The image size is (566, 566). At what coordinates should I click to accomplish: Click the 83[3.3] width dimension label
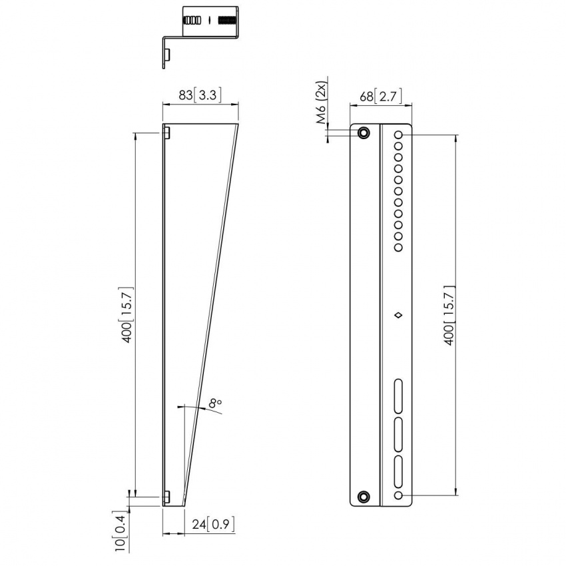pyautogui.click(x=200, y=95)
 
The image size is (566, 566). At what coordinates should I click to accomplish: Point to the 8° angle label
pyautogui.click(x=214, y=403)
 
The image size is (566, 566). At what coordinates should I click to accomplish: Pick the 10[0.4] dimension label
pyautogui.click(x=120, y=534)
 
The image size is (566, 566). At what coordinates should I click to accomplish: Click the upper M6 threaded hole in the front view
pyautogui.click(x=364, y=133)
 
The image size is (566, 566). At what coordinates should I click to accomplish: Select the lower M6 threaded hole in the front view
pyautogui.click(x=364, y=496)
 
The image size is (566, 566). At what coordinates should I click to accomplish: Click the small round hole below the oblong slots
pyautogui.click(x=398, y=496)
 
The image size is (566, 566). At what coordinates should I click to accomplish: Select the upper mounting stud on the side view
pyautogui.click(x=168, y=133)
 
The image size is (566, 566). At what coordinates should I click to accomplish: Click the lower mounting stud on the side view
pyautogui.click(x=168, y=496)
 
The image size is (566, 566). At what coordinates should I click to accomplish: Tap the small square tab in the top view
pyautogui.click(x=168, y=53)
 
